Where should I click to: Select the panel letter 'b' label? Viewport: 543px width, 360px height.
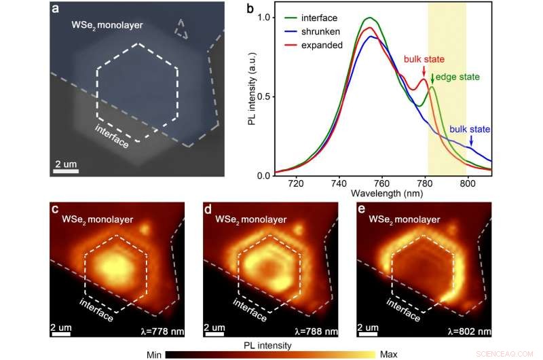(x=250, y=10)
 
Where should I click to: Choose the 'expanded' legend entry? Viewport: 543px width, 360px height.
(x=322, y=44)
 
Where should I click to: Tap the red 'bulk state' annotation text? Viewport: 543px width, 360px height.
(x=424, y=60)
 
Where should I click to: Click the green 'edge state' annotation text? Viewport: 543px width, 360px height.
(x=456, y=76)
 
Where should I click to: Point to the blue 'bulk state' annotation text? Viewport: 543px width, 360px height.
(x=470, y=129)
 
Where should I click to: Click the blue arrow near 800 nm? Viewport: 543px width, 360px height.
(x=470, y=141)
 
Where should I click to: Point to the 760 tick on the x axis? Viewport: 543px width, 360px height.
(x=381, y=183)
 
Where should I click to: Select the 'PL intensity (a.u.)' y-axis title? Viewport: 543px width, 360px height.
(x=252, y=95)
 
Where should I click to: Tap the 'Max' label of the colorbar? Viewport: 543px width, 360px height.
(x=388, y=354)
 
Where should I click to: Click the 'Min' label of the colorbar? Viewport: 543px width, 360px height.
(x=155, y=354)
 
